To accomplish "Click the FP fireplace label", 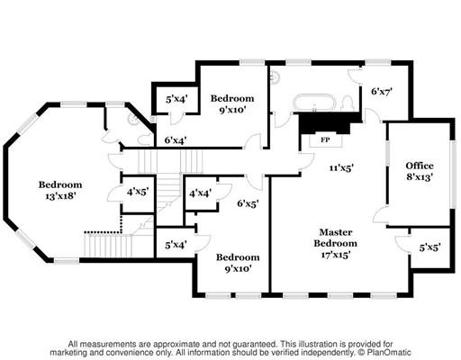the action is click(x=325, y=139).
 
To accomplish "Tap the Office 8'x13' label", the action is click(x=420, y=171).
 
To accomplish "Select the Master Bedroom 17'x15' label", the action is click(x=336, y=243).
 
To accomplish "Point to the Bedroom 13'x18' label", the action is click(x=60, y=190).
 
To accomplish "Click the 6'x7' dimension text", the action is click(x=382, y=91).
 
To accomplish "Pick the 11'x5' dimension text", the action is click(x=341, y=167).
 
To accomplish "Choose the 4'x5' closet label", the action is click(x=138, y=192).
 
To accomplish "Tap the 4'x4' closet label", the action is click(x=200, y=193).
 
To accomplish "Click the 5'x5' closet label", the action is click(x=429, y=247).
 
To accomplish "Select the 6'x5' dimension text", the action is click(x=248, y=203).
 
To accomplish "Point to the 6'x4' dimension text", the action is click(x=176, y=140).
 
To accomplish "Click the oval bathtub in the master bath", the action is click(x=314, y=103).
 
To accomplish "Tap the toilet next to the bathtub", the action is click(x=348, y=103).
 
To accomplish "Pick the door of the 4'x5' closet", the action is click(x=114, y=194).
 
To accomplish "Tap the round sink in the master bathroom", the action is click(x=274, y=78).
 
